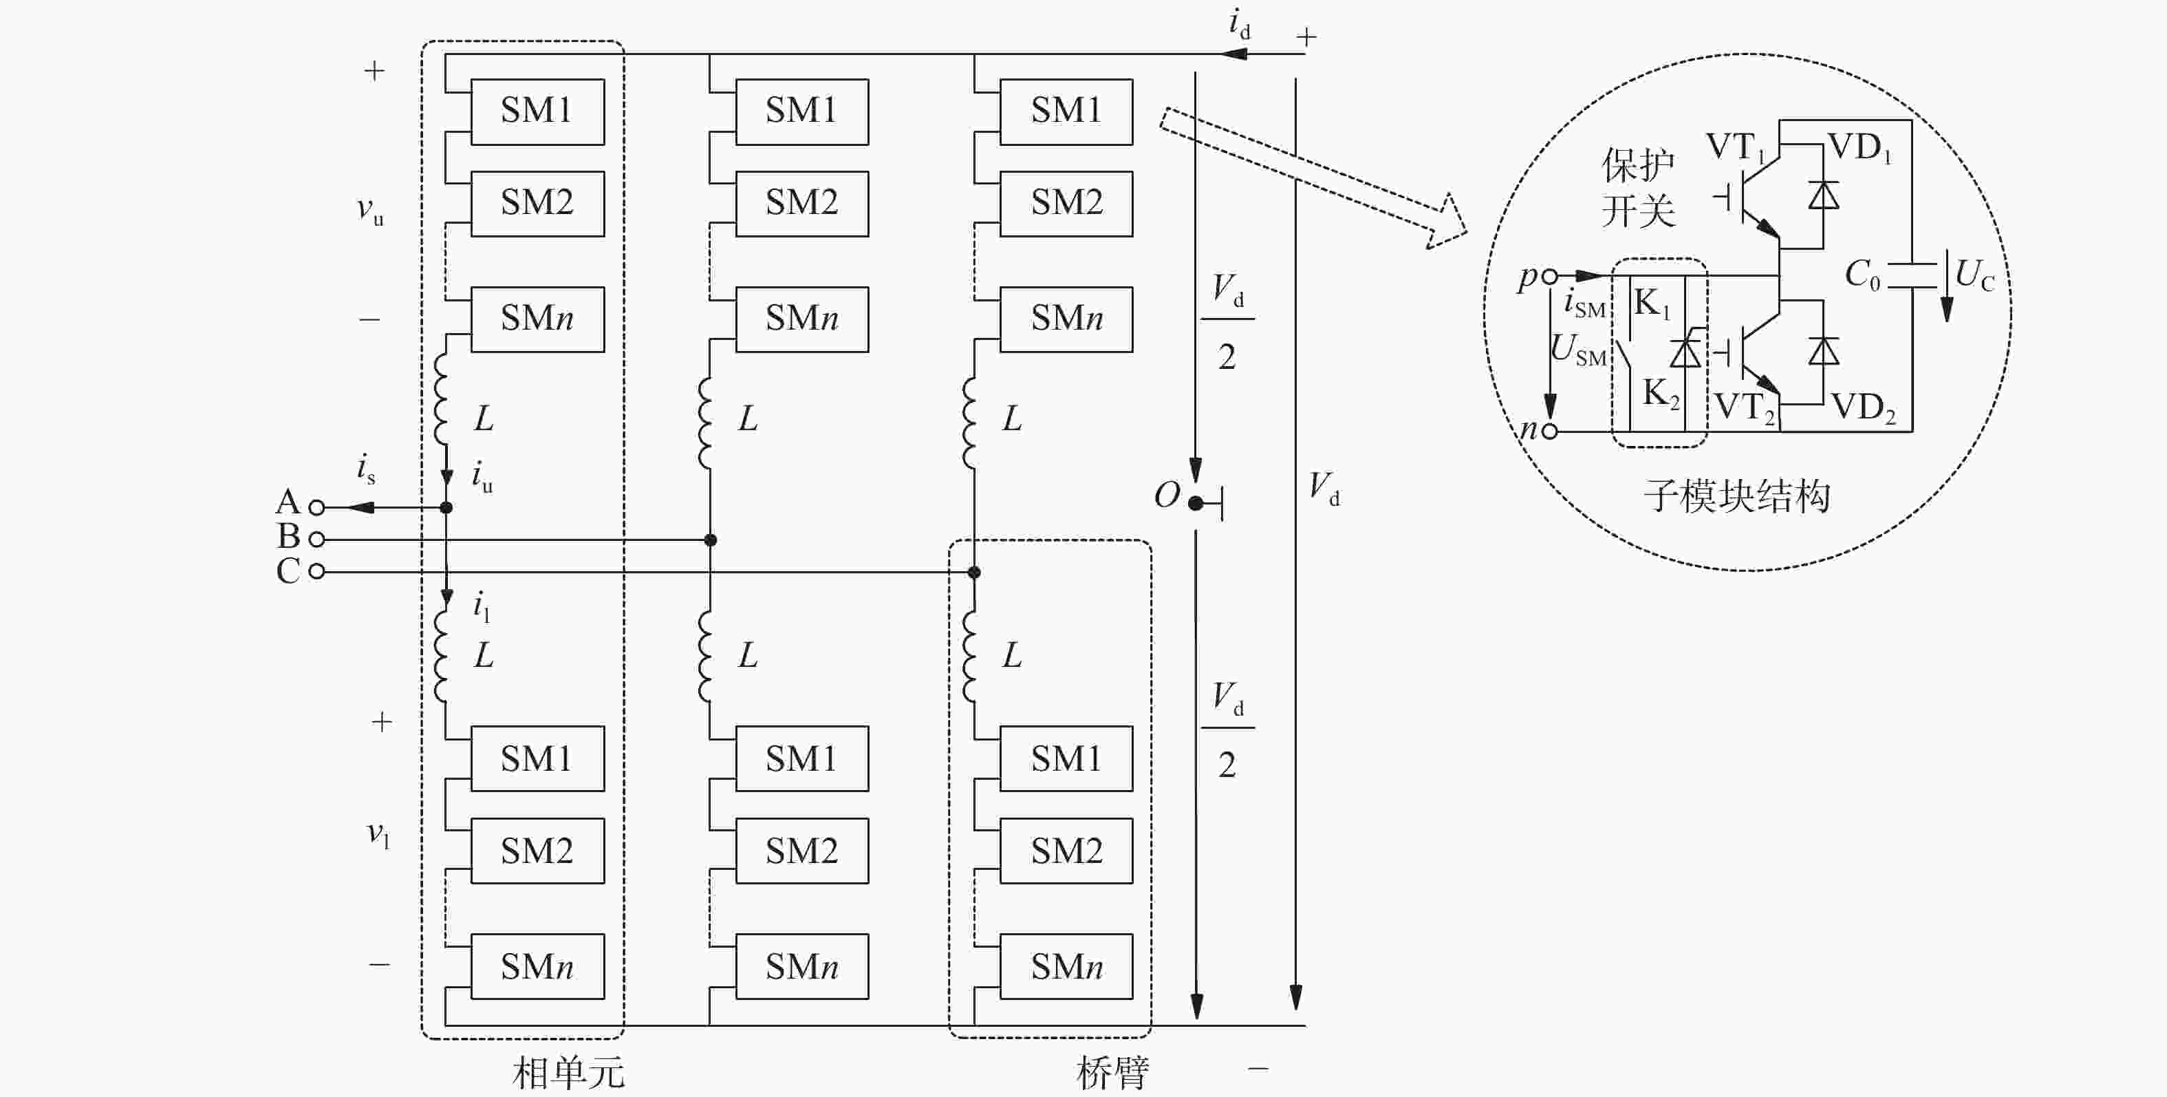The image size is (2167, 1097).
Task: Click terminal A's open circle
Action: point(316,507)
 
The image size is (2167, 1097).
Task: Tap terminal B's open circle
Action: point(316,540)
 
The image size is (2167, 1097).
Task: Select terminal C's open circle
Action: point(316,571)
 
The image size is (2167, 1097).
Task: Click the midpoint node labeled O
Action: point(1196,504)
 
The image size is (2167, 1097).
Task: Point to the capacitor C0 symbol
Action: point(1911,275)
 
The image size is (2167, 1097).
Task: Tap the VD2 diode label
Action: point(1864,408)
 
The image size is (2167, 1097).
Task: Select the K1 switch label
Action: point(1651,303)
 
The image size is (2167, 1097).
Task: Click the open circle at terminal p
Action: point(1549,275)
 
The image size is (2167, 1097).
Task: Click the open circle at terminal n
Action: point(1549,432)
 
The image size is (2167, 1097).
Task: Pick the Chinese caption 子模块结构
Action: point(1736,496)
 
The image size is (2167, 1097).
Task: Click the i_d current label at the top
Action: point(1239,23)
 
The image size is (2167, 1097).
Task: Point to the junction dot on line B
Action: point(710,540)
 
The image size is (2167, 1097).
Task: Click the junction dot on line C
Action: point(974,572)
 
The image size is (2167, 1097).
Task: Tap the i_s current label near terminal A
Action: point(365,468)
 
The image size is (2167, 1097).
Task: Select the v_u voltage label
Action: point(369,211)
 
